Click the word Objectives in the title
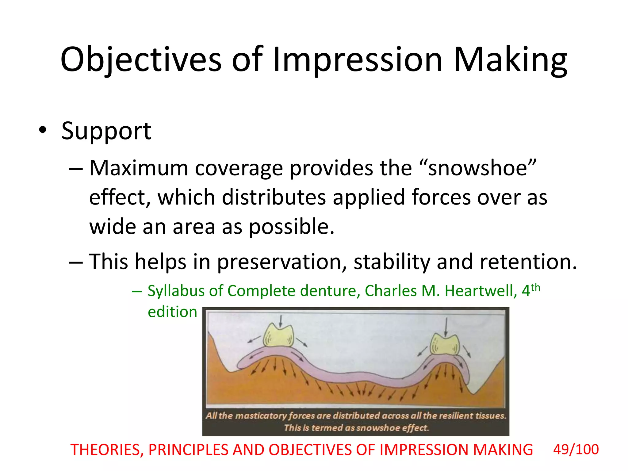point(140,60)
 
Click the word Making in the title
point(510,60)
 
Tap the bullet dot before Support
point(43,130)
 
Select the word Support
point(106,131)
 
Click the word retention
point(528,262)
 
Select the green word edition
point(172,312)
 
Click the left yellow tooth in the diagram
point(278,336)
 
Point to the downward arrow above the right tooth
point(446,327)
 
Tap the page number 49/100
point(576,450)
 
